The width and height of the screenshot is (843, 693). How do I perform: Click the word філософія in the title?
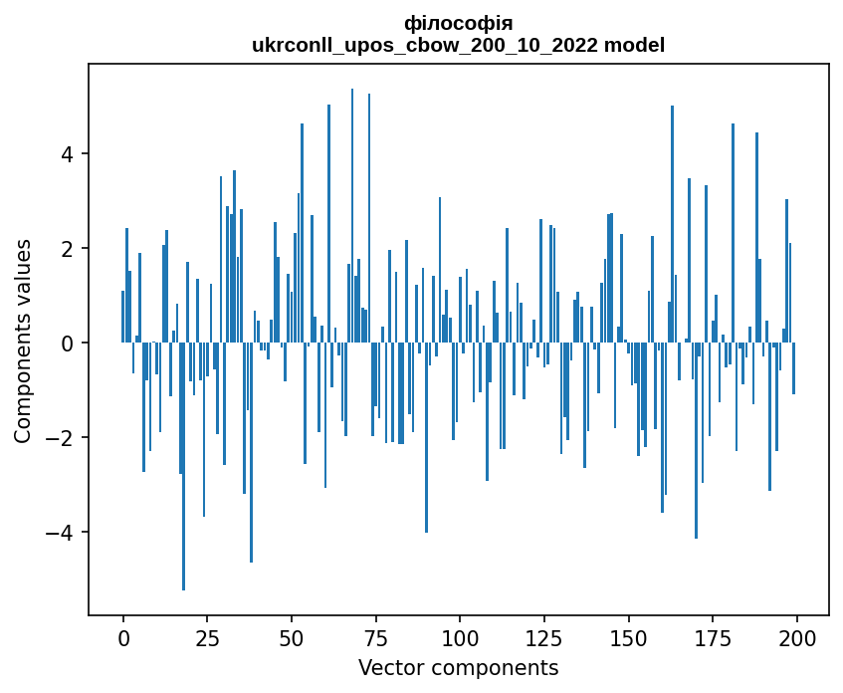click(459, 23)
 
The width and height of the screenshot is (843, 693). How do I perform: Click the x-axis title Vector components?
click(458, 667)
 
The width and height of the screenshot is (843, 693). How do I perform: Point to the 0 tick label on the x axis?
click(123, 637)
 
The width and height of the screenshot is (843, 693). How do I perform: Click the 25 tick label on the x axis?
click(207, 637)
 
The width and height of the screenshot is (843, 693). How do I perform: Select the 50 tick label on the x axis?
click(292, 637)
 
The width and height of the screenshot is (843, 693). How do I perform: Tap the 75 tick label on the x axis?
click(375, 637)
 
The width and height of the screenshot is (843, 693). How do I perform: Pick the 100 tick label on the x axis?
click(460, 637)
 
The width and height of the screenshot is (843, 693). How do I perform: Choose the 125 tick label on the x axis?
click(543, 637)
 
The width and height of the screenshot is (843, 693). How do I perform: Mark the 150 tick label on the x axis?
click(628, 637)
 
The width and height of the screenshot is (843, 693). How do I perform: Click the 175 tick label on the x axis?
click(712, 637)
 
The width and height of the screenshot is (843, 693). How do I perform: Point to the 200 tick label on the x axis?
click(796, 637)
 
